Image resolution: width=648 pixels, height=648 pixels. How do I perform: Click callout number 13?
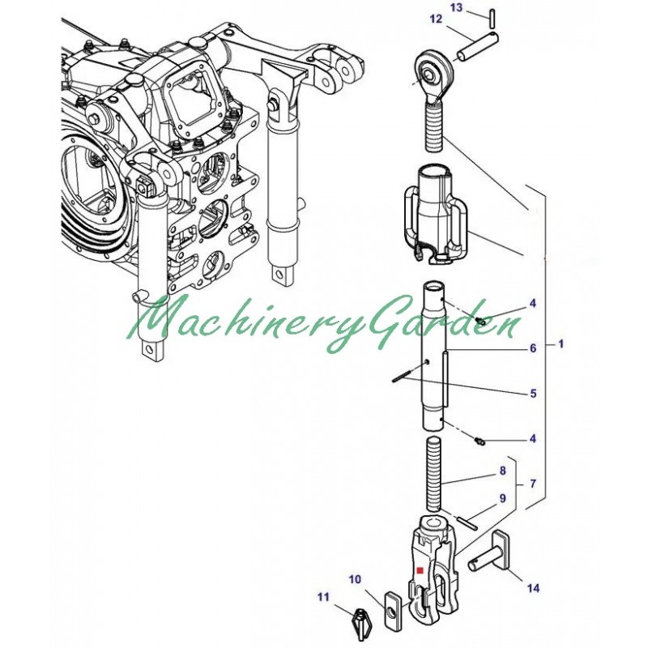click(x=456, y=7)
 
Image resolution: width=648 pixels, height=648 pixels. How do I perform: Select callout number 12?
click(x=436, y=19)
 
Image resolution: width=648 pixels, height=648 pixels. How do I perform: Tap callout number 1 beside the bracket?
click(x=561, y=343)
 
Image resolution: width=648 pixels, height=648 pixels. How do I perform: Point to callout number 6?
click(x=533, y=348)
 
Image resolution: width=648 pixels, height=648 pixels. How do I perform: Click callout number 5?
click(x=533, y=393)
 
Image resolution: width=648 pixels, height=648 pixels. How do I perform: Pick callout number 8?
click(x=502, y=471)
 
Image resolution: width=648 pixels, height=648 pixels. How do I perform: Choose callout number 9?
click(x=502, y=498)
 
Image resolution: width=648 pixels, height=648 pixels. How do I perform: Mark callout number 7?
click(x=533, y=484)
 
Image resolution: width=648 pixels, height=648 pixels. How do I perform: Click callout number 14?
click(x=534, y=588)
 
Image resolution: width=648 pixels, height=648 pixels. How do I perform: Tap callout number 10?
click(x=355, y=580)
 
